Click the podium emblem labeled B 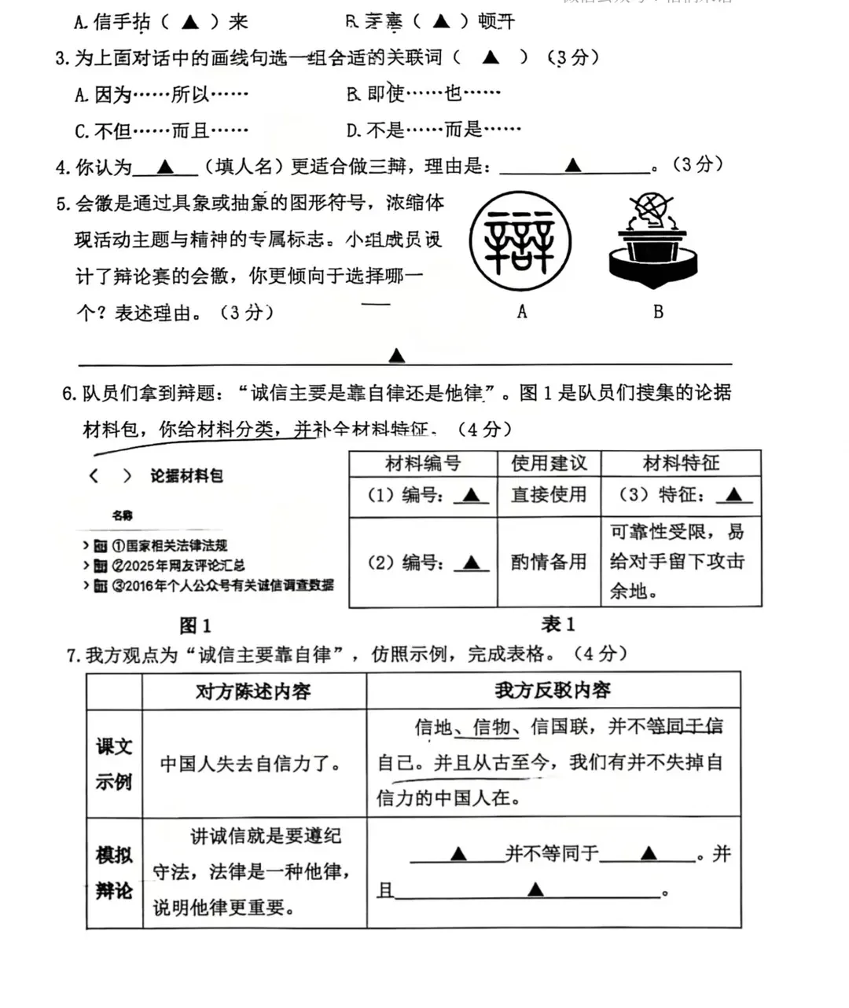[653, 240]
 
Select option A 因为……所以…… [162, 94]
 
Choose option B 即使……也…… [424, 94]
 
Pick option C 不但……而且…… [162, 130]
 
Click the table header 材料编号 [423, 464]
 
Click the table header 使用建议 [549, 464]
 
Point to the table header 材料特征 [681, 464]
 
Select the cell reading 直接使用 [549, 495]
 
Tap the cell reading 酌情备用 [549, 562]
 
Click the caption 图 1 [195, 625]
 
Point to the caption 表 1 [558, 625]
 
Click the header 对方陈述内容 [253, 691]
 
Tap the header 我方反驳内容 [553, 691]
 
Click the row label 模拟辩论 [114, 872]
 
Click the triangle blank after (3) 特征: [733, 495]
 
